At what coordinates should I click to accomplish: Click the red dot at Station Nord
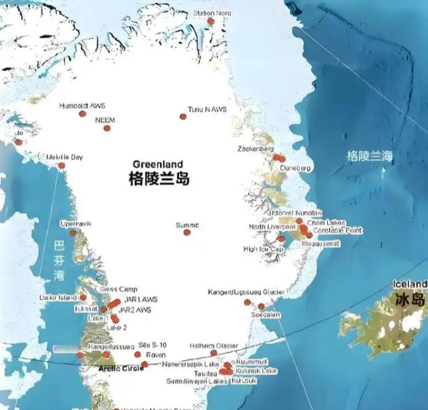[x=210, y=21]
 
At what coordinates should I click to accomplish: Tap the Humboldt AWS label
[x=82, y=106]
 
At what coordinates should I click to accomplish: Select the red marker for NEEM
[x=107, y=128]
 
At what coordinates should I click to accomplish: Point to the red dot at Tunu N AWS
[x=183, y=117]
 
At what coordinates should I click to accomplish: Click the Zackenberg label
[x=255, y=149]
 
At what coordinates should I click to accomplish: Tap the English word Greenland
[x=158, y=164]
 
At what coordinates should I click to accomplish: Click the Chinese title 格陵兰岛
[x=159, y=179]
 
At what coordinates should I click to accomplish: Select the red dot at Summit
[x=187, y=232]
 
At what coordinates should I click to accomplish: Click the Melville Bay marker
[x=62, y=165]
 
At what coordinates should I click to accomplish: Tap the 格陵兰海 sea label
[x=370, y=156]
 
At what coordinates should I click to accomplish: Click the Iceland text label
[x=410, y=284]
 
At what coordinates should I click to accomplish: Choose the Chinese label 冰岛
[x=410, y=299]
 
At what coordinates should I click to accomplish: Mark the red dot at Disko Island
[x=83, y=297]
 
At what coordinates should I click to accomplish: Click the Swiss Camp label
[x=119, y=290]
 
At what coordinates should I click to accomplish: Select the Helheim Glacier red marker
[x=214, y=353]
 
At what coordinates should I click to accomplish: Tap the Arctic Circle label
[x=120, y=368]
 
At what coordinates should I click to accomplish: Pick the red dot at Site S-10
[x=137, y=354]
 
